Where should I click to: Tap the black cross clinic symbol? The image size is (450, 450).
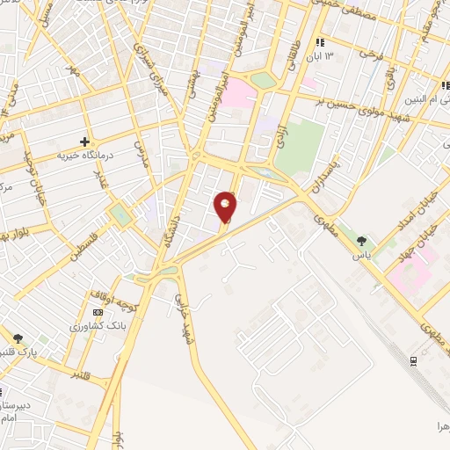pos(85,141)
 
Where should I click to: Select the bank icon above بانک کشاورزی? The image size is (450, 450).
pos(97,312)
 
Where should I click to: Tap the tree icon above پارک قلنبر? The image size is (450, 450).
pos(18,337)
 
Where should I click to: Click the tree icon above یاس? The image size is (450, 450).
pos(362,238)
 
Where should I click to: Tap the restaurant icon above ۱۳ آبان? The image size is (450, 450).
pos(320,42)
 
